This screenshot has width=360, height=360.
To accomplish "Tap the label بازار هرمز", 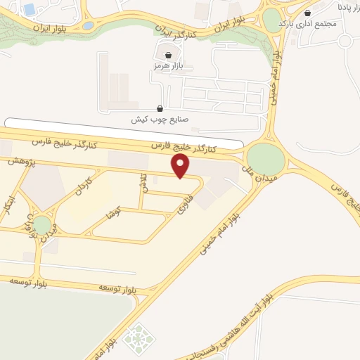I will (167, 65).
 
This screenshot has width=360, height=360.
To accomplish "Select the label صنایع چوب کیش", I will (160, 120).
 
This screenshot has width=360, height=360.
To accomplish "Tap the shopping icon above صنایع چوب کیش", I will (160, 108).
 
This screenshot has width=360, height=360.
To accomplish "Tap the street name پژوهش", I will (22, 161).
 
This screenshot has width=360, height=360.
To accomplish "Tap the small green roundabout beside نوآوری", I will (42, 225).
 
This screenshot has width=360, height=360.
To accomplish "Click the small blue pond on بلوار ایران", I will (88, 26).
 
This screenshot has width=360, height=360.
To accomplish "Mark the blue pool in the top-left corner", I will (30, 9).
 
